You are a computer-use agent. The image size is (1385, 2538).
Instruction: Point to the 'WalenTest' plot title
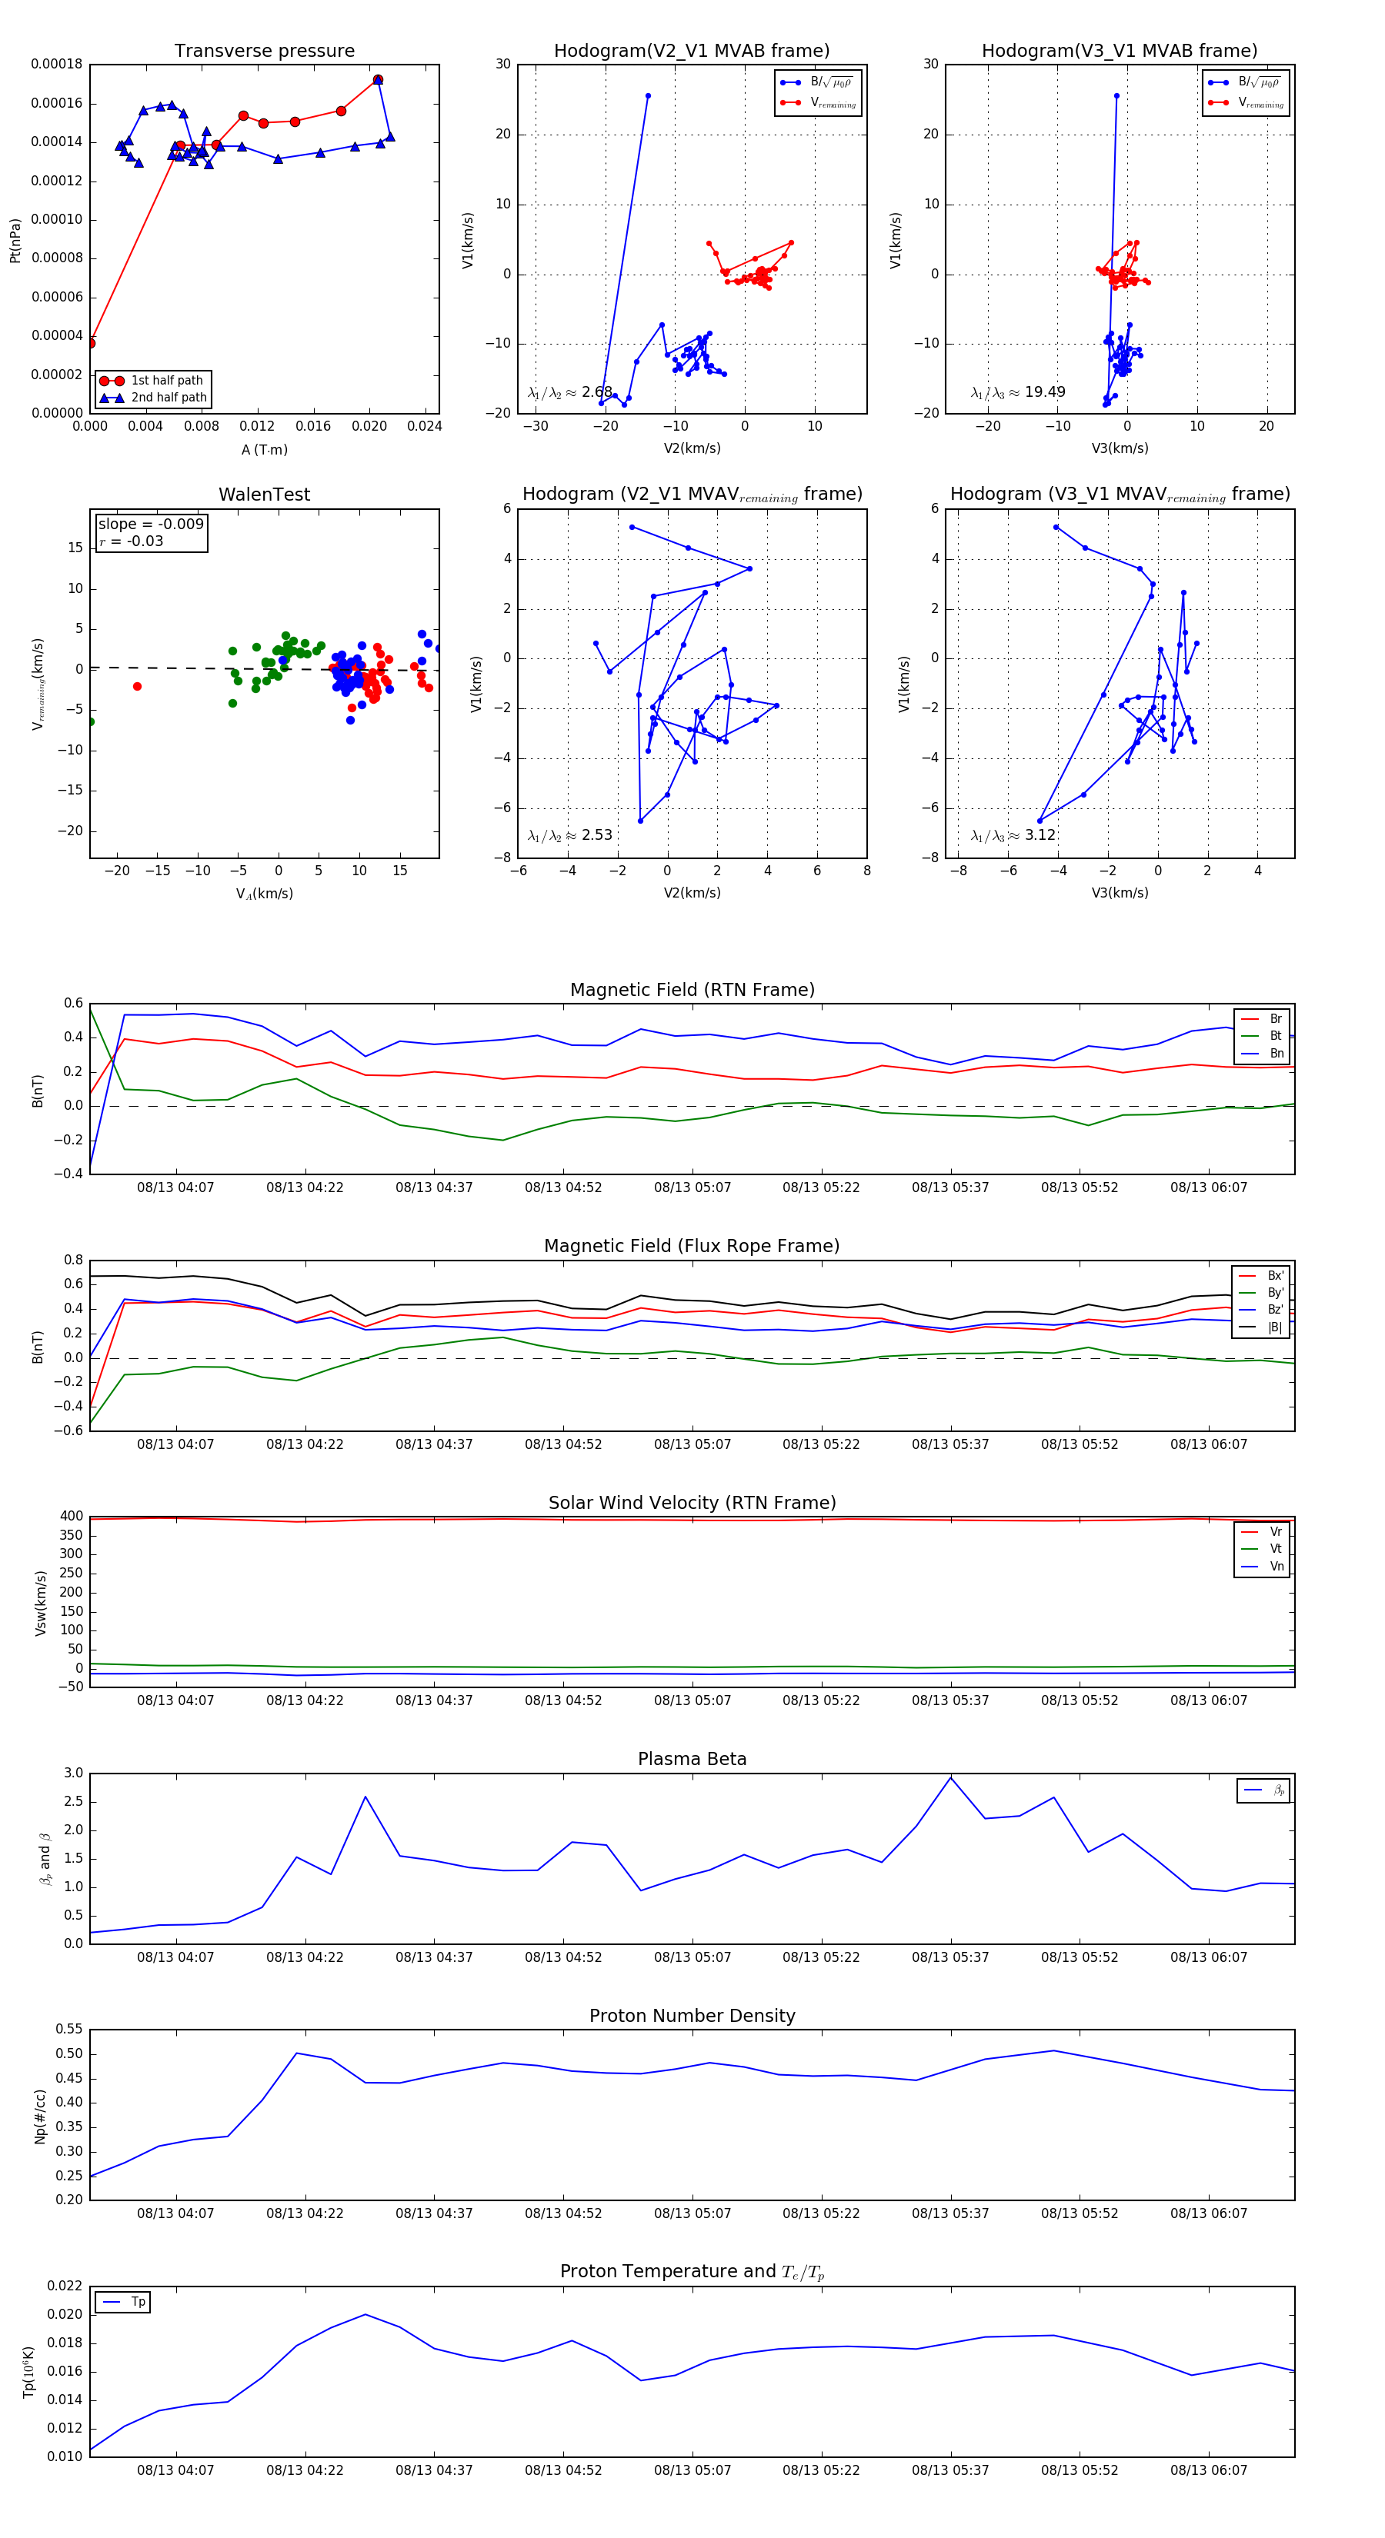pos(264,495)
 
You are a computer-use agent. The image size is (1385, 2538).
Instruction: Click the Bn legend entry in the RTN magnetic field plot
pos(1276,1053)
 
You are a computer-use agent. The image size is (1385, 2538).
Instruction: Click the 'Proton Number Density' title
pos(692,2016)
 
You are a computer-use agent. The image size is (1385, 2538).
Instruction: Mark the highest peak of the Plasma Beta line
pos(950,1777)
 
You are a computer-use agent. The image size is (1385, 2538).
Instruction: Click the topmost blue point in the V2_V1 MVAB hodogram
pos(648,95)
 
